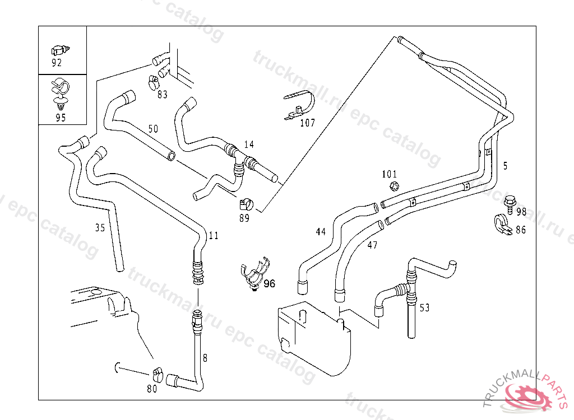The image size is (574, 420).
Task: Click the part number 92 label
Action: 57,63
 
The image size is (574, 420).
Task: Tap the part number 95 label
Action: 61,118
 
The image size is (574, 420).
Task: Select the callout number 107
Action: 307,123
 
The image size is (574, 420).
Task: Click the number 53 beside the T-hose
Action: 424,307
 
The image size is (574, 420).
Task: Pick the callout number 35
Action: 100,227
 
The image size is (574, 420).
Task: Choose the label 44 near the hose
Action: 321,231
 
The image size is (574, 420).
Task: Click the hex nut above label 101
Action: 393,186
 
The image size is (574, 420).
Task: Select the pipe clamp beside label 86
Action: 501,225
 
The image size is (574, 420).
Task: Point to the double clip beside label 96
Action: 253,274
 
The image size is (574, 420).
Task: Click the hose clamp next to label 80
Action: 156,373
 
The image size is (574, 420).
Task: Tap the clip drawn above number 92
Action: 59,48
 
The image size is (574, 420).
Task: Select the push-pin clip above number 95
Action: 60,94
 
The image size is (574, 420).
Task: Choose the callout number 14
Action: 249,144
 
